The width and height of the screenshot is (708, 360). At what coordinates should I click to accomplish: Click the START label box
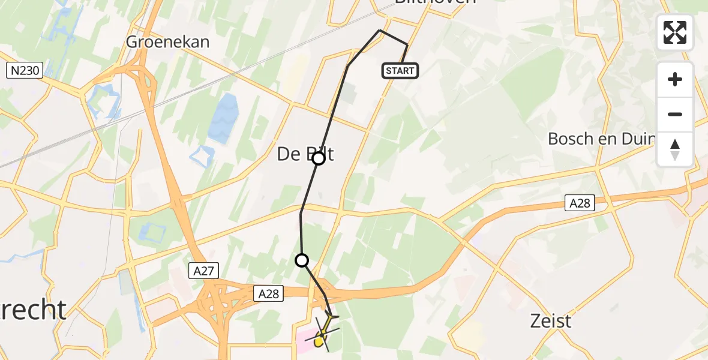tap(400, 71)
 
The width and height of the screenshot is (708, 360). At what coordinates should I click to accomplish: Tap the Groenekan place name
tap(168, 41)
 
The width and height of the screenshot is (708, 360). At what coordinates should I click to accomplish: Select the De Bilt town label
tap(305, 154)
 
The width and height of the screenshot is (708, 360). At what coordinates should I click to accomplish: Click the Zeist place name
tap(551, 321)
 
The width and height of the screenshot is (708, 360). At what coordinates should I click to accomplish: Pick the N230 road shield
tap(25, 71)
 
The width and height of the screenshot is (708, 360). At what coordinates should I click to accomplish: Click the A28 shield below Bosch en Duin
tap(580, 203)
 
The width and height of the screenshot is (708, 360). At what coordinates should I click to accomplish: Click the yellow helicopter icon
tap(322, 336)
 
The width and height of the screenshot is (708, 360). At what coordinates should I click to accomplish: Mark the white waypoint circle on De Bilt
tap(319, 158)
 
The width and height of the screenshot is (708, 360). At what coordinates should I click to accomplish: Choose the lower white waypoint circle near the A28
tap(302, 260)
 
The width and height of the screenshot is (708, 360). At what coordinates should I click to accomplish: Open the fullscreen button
tap(675, 32)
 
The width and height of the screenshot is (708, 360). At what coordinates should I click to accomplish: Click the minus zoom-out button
tap(675, 114)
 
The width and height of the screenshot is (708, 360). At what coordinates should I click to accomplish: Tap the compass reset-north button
tap(675, 149)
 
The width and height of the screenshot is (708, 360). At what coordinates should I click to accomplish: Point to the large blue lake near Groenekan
tap(223, 118)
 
